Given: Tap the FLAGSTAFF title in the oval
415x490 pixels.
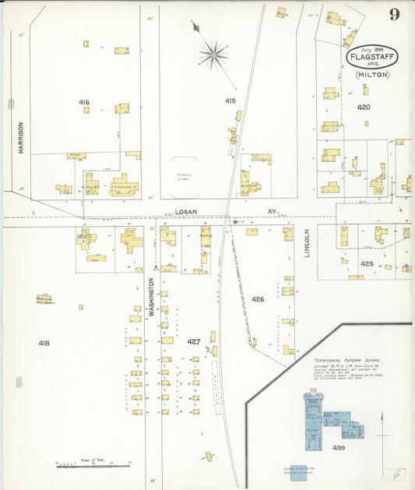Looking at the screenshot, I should pos(372,56).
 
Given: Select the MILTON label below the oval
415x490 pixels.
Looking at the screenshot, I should pos(372,75).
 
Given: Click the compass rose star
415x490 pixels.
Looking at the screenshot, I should pos(213,55).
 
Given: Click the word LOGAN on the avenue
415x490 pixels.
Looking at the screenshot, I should pos(186,211).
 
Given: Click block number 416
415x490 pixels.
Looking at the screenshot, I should pos(84,102).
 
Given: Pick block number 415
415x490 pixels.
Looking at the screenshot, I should pos(230,100).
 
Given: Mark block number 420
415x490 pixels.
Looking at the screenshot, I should pos(364,107).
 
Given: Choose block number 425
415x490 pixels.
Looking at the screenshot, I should pos(367,263).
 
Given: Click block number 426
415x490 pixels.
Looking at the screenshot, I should pos(258,299).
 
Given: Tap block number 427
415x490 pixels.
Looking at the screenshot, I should pos(194,341).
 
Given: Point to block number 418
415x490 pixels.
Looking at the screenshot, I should pos(44,343).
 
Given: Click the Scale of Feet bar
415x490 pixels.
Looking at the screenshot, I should pos(81,465).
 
